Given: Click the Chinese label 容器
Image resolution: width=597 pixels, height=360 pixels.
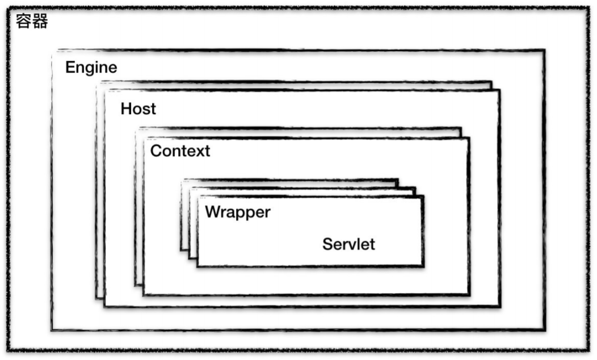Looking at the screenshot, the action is [32, 21].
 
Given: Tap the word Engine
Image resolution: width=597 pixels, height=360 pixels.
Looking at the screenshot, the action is [91, 68].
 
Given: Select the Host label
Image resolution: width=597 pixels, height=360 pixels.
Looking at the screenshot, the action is [138, 109].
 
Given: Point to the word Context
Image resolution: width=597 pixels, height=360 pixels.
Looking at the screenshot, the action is [180, 151].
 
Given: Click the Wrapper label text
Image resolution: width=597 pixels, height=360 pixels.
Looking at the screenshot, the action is [238, 212].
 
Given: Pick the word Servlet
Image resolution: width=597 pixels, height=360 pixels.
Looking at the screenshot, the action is [348, 244].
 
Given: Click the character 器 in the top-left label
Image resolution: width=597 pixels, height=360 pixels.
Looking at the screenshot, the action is [40, 21].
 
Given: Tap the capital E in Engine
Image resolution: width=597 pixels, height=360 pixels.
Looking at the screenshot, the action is [70, 68].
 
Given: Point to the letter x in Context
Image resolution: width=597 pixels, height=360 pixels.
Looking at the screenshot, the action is [193, 152].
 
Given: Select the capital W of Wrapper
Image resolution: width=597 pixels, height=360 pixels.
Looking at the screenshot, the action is [213, 211].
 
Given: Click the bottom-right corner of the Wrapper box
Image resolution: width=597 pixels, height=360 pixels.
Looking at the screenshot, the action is [423, 266].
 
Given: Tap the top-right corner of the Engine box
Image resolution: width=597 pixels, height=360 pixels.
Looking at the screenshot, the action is [544, 51].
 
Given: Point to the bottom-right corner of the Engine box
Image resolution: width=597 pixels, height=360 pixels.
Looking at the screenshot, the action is [544, 329].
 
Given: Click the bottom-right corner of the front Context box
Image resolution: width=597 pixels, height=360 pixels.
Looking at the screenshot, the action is [469, 295].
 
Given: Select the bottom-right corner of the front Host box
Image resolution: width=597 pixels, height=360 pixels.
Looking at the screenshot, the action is [499, 306].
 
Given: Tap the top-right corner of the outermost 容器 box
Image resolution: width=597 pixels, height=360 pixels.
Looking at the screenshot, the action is [588, 8].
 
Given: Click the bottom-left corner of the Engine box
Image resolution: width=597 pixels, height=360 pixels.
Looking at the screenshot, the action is [52, 329].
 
